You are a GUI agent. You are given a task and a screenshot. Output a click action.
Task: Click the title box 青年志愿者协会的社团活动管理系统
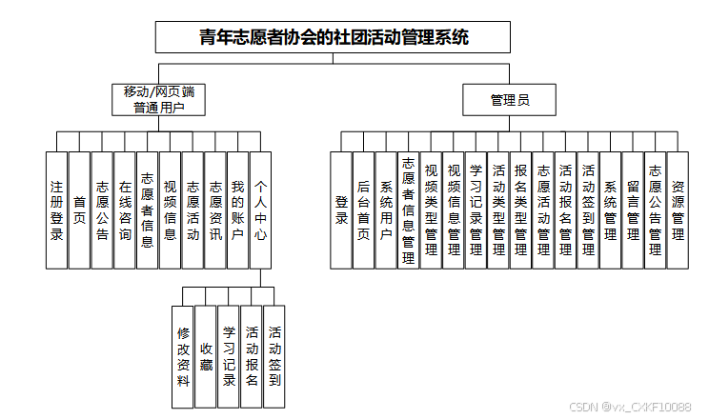[334, 37]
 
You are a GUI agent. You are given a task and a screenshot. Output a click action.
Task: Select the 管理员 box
[509, 99]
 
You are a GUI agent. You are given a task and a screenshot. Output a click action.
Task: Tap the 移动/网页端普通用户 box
[158, 99]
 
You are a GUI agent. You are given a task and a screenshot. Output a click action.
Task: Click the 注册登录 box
[56, 209]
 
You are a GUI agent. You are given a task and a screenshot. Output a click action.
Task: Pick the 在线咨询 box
[125, 209]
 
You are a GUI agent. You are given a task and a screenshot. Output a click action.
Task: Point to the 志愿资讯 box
[215, 209]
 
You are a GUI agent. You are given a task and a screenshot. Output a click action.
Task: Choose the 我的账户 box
[238, 209]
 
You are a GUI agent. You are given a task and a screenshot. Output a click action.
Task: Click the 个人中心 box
[261, 209]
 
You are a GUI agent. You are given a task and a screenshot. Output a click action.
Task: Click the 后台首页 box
[363, 209]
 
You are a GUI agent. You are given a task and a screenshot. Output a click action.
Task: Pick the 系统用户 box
[386, 209]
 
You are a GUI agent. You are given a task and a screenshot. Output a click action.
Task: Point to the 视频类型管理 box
[431, 209]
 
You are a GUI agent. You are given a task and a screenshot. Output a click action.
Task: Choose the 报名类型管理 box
[521, 209]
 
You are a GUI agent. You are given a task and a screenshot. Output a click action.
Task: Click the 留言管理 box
[633, 209]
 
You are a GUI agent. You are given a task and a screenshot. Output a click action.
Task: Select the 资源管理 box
[678, 209]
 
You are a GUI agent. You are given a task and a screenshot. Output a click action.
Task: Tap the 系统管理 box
[611, 209]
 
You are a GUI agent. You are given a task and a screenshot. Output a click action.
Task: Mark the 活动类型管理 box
[498, 209]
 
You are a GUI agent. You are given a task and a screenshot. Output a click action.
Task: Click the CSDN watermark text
[630, 407]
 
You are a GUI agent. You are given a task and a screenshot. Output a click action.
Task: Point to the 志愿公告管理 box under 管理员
[656, 209]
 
